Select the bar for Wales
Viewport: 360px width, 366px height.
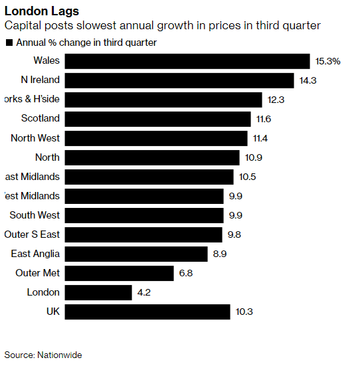coord(188,61)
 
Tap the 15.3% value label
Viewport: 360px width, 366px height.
coord(328,61)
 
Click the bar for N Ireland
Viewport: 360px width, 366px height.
coord(180,80)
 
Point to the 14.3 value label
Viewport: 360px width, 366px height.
coord(308,80)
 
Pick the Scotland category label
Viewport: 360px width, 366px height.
coord(41,119)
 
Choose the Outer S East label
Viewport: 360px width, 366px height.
coord(32,234)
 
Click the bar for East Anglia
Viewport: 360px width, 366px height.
coord(137,254)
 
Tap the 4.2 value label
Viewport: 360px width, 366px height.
coord(145,292)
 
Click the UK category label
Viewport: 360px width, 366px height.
coord(52,312)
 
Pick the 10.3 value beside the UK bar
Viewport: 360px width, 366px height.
coord(243,312)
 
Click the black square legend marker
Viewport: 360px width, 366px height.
coord(9,43)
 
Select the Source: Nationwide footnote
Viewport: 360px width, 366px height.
coord(43,355)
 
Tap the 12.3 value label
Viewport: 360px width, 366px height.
coord(276,100)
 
